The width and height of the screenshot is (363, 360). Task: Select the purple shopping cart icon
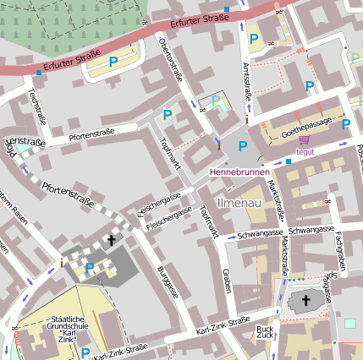coord(304,140)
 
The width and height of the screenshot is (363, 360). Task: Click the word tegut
coord(305,152)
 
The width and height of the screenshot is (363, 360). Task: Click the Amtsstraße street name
coord(247,83)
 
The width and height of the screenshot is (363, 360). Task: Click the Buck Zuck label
coord(266,332)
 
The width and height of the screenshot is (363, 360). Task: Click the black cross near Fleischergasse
coord(111,241)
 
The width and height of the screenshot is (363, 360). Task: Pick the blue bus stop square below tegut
coord(289,161)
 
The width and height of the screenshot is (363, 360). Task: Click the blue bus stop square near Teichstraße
coord(39,73)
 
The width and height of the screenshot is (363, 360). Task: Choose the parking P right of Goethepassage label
coord(346,124)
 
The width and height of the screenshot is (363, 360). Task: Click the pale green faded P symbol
coord(216,102)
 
